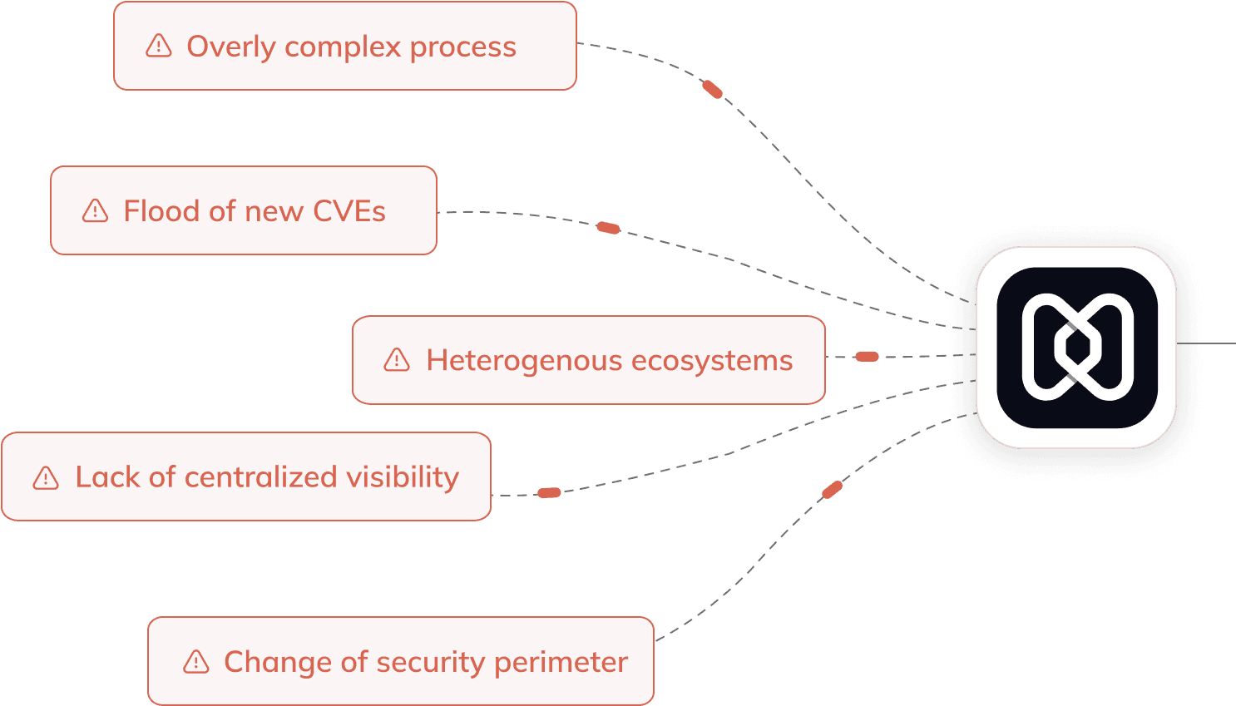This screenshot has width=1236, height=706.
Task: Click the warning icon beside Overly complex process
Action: click(x=158, y=46)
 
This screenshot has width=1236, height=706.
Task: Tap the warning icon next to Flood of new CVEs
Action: click(x=95, y=211)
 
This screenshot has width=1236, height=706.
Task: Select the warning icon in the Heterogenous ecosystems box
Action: click(x=397, y=360)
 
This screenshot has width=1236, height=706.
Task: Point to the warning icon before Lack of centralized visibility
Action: click(x=46, y=477)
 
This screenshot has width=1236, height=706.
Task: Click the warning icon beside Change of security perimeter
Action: click(x=195, y=662)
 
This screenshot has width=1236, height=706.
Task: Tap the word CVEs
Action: click(x=349, y=211)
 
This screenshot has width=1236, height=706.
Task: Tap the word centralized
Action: click(x=260, y=477)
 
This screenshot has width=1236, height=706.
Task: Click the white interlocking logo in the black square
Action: click(x=1077, y=347)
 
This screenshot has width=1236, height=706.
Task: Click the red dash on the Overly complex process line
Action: click(x=713, y=89)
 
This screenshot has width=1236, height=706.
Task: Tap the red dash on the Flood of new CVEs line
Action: click(x=608, y=227)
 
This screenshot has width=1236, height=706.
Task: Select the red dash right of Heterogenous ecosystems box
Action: click(x=867, y=357)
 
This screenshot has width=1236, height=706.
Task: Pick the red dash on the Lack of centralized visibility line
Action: click(x=549, y=493)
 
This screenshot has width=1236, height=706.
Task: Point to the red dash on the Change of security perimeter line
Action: click(x=832, y=490)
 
